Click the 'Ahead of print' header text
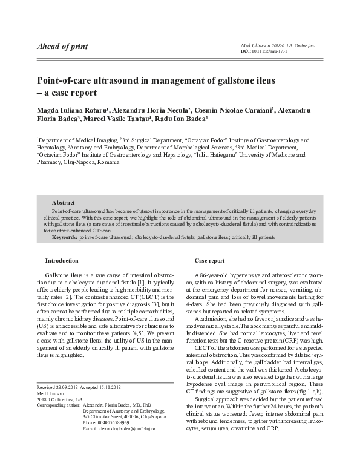click(x=62, y=47)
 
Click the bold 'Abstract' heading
click(x=64, y=202)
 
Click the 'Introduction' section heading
click(x=61, y=260)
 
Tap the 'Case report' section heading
click(x=209, y=260)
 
